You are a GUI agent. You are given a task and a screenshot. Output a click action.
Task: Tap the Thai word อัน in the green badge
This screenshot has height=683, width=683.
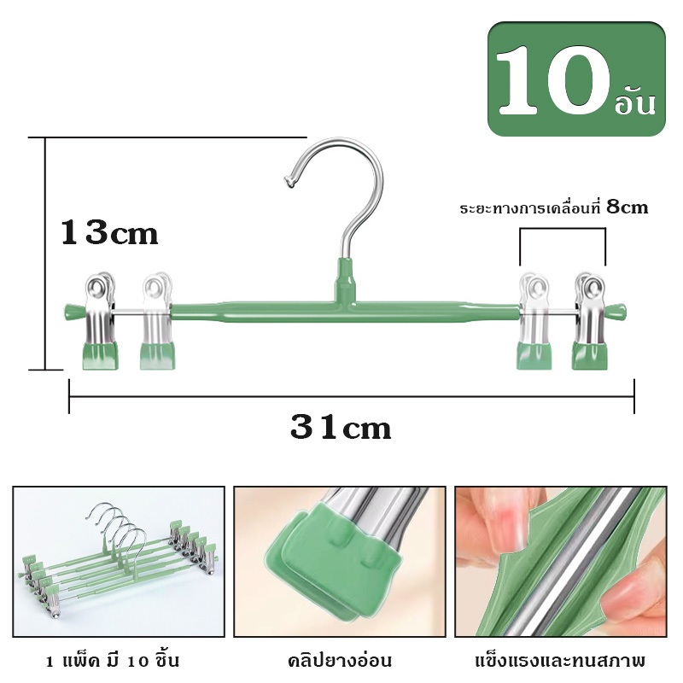(x=634, y=102)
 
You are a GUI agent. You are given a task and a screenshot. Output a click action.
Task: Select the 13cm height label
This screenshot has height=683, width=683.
(x=109, y=232)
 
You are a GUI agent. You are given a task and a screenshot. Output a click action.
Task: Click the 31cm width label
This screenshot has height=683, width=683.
(x=341, y=428)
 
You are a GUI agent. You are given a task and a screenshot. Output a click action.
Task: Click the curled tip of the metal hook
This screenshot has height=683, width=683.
(x=289, y=182)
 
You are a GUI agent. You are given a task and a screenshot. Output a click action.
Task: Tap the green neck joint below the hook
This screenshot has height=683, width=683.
(x=345, y=280)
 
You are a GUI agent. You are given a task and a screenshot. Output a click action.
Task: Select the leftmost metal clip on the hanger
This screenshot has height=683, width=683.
(x=100, y=321)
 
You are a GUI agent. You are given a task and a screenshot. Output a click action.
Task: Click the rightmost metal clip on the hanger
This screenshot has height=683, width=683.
(x=589, y=321)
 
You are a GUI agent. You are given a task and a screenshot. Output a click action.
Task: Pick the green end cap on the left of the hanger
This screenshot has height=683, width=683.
(x=73, y=312)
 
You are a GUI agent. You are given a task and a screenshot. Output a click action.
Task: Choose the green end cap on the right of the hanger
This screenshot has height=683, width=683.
(x=617, y=312)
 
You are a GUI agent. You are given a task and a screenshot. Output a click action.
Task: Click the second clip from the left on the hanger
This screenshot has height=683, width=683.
(x=157, y=321)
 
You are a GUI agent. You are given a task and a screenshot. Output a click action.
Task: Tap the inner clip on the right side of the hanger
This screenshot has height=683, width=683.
(x=534, y=321)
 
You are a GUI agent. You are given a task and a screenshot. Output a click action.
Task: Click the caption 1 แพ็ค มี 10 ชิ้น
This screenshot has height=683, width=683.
(x=113, y=661)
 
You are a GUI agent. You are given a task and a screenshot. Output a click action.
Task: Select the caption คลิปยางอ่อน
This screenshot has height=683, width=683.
(x=340, y=661)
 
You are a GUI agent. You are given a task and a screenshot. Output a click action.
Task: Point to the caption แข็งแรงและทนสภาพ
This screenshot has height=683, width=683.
(x=560, y=661)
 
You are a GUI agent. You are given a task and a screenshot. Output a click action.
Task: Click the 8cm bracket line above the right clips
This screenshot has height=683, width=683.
(x=563, y=228)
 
